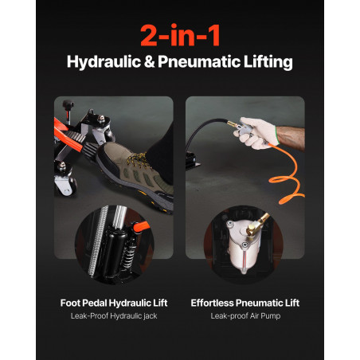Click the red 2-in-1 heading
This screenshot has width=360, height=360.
(180, 35)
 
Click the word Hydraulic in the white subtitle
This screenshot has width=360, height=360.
(104, 62)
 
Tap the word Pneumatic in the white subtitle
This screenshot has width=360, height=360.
(199, 62)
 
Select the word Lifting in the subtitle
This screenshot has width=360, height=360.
(268, 62)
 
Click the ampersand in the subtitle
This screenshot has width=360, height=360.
(150, 62)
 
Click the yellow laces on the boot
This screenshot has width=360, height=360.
(137, 160)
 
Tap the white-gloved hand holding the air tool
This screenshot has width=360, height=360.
(256, 133)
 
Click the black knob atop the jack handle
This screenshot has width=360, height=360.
(68, 104)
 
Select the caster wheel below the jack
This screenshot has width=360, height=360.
(70, 186)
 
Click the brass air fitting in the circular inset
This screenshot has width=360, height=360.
(257, 225)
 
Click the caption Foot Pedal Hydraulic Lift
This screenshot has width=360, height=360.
(114, 303)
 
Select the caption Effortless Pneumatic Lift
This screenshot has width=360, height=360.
(245, 303)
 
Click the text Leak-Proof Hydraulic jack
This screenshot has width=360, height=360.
(114, 316)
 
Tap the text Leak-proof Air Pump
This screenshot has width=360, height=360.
(245, 316)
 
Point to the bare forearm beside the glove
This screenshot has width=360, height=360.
(291, 138)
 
